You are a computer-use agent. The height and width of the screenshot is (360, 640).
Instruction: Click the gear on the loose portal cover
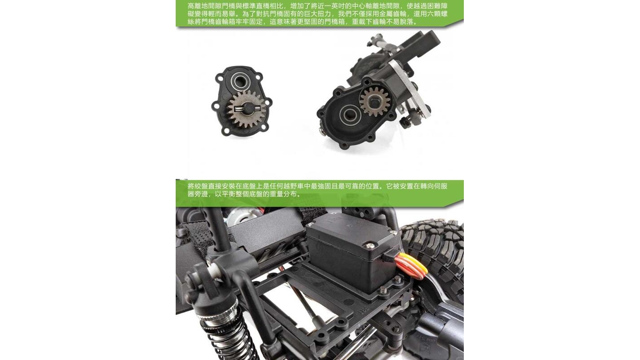(x=246, y=109)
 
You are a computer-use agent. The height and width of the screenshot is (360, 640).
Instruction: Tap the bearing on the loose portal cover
(x=240, y=82)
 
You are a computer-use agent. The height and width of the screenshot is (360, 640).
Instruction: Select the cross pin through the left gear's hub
(x=246, y=108)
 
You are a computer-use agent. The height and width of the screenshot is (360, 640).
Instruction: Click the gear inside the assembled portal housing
(x=374, y=101)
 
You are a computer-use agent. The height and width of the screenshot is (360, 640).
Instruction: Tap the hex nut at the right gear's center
(x=374, y=101)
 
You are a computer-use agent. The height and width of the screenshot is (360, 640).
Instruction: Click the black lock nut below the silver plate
(x=405, y=122)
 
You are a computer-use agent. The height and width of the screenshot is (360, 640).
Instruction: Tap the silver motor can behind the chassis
(x=239, y=215)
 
